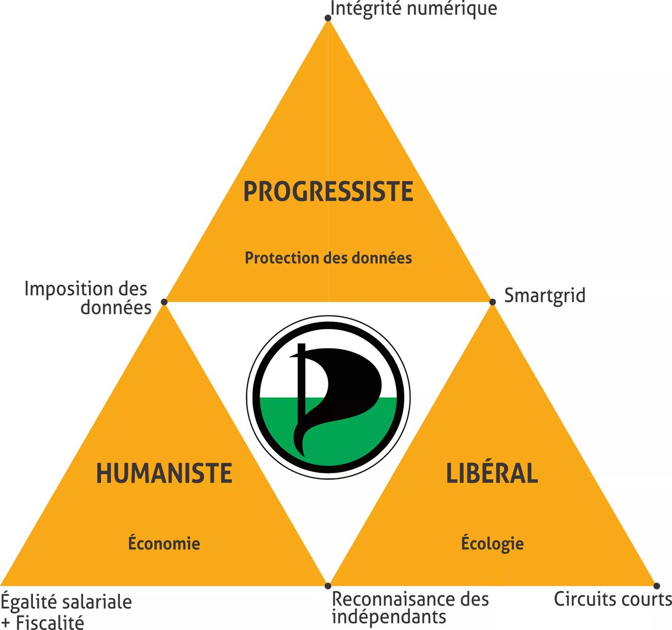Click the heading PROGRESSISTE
(x=328, y=191)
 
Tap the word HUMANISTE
(x=164, y=473)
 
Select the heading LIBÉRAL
(x=492, y=473)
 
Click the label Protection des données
(x=328, y=258)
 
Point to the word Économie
(x=164, y=543)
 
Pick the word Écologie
(x=492, y=543)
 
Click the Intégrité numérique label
(x=413, y=9)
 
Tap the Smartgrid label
(x=544, y=295)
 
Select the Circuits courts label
(x=612, y=599)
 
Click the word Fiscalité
(x=50, y=622)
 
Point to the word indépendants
(x=389, y=617)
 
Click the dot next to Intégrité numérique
(x=328, y=18)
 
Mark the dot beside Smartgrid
(x=493, y=302)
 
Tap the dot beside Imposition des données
(x=164, y=302)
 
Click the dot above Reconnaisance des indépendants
(x=328, y=586)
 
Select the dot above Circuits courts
(x=656, y=586)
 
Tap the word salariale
(x=99, y=602)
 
